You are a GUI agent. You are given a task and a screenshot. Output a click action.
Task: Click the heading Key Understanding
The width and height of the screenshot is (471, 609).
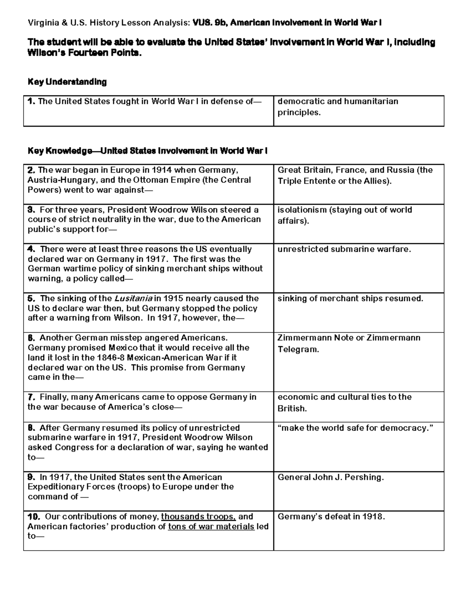coord(67,82)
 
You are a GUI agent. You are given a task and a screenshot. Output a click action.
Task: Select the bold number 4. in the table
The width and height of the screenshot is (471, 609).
coord(31,249)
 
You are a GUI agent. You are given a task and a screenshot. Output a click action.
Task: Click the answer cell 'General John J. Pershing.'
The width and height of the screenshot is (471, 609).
coord(330,478)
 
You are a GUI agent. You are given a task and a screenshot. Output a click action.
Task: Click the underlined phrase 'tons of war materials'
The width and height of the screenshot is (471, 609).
coord(211,527)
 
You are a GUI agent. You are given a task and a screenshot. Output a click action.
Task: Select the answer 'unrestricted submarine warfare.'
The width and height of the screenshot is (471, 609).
coord(344,249)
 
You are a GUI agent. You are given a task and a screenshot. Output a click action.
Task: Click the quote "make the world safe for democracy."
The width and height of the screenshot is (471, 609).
coord(355,428)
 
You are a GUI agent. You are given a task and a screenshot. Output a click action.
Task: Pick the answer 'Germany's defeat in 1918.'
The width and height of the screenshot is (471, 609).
coord(331,517)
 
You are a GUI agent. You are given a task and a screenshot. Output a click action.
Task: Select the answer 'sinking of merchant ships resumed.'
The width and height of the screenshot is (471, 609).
coord(350,299)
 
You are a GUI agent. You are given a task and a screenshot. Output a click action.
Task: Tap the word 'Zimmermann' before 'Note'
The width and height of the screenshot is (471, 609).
coord(301,338)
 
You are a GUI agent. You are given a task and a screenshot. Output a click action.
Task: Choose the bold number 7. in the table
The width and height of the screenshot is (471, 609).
coord(31,397)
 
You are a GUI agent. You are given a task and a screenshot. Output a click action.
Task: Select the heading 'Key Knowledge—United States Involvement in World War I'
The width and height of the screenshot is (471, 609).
coord(147,151)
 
